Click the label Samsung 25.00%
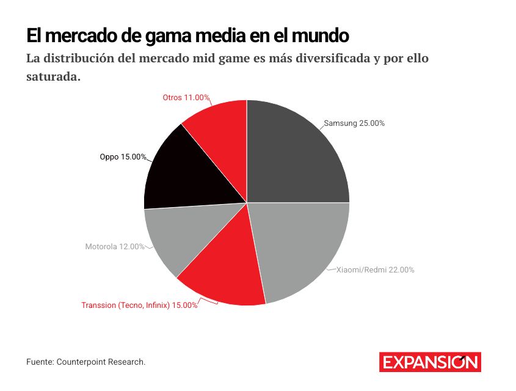[x=354, y=123]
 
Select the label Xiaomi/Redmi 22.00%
[x=376, y=269]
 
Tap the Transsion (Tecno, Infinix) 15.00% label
[x=139, y=305]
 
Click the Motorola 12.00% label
[x=115, y=247]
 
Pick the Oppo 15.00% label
[x=123, y=157]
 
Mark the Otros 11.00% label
[x=186, y=97]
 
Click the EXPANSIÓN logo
[x=430, y=362]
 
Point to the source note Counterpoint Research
[x=101, y=362]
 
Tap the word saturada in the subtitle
[x=53, y=78]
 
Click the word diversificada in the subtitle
[x=334, y=59]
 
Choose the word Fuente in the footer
[x=39, y=362]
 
